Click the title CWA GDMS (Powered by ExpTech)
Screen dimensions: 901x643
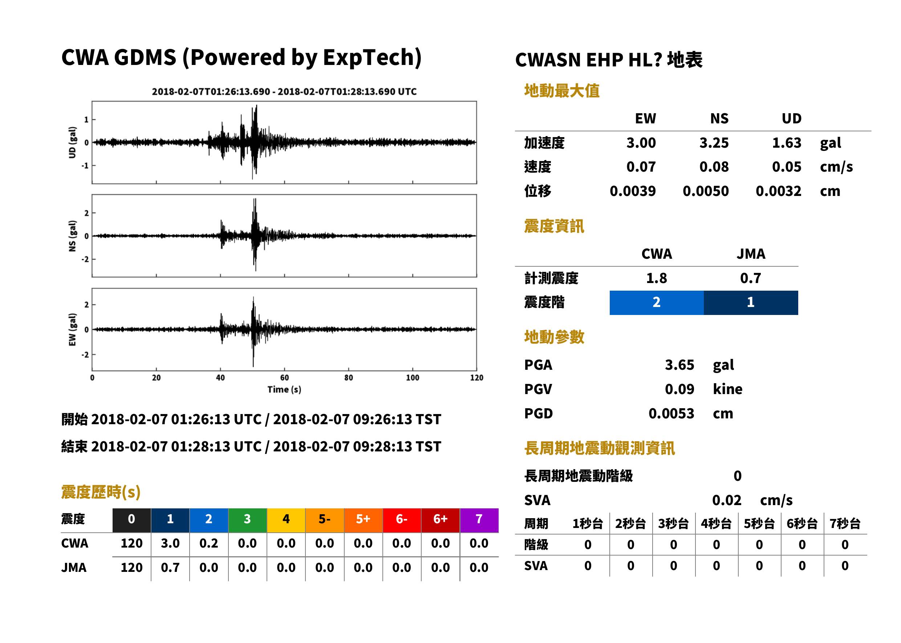coord(241,58)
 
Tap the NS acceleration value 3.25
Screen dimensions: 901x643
coord(714,143)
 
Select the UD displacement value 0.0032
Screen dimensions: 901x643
coord(778,191)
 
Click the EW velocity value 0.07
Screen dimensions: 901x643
coord(641,167)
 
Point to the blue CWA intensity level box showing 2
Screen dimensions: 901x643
coord(657,303)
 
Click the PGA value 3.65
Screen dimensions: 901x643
coord(679,365)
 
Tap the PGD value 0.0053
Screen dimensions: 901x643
coord(671,413)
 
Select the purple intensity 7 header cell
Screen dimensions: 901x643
coord(479,520)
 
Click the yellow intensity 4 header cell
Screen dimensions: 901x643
coord(286,520)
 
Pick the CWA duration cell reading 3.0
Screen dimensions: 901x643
coord(170,543)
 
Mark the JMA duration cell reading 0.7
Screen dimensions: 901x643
coord(170,568)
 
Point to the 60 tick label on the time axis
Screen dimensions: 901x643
coord(284,378)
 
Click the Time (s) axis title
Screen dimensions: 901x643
coord(284,390)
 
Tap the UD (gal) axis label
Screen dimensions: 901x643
coord(72,143)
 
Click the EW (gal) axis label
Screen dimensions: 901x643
coord(72,329)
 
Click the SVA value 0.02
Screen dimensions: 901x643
coord(726,500)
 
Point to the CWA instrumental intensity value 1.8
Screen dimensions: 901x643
coord(657,278)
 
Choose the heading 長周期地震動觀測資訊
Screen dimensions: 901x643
coord(600,448)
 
